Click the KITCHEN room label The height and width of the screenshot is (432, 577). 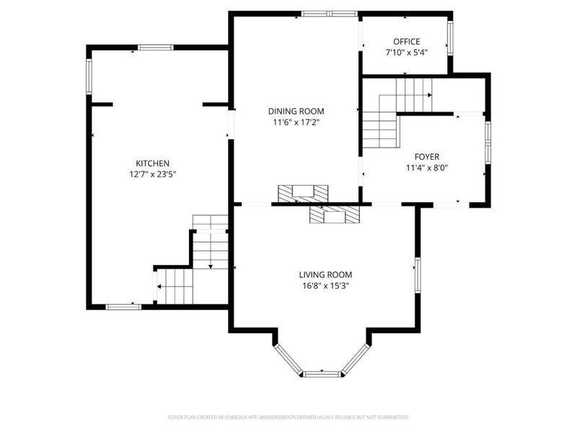click(152, 163)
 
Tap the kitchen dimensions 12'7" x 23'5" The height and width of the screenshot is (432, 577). click(152, 174)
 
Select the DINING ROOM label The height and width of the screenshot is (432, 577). click(296, 111)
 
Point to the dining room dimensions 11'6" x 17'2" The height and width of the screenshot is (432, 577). click(296, 122)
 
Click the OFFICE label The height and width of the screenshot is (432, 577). click(406, 42)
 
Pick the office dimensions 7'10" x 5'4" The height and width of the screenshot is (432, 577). click(406, 53)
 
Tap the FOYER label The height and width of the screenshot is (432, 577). click(426, 156)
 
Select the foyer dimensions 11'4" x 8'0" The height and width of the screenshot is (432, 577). click(426, 168)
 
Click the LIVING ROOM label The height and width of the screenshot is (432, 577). click(325, 274)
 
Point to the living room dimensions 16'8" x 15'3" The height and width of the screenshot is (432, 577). click(325, 286)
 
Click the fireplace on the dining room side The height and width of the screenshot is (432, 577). click(303, 193)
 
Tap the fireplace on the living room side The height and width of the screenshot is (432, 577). click(334, 215)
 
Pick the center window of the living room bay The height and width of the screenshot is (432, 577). click(322, 374)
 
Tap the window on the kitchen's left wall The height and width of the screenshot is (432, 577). click(89, 76)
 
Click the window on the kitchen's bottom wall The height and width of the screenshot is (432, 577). click(123, 307)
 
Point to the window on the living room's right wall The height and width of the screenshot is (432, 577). click(417, 275)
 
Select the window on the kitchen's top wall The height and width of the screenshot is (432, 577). click(155, 48)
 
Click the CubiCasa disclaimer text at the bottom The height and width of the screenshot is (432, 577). click(288, 417)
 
